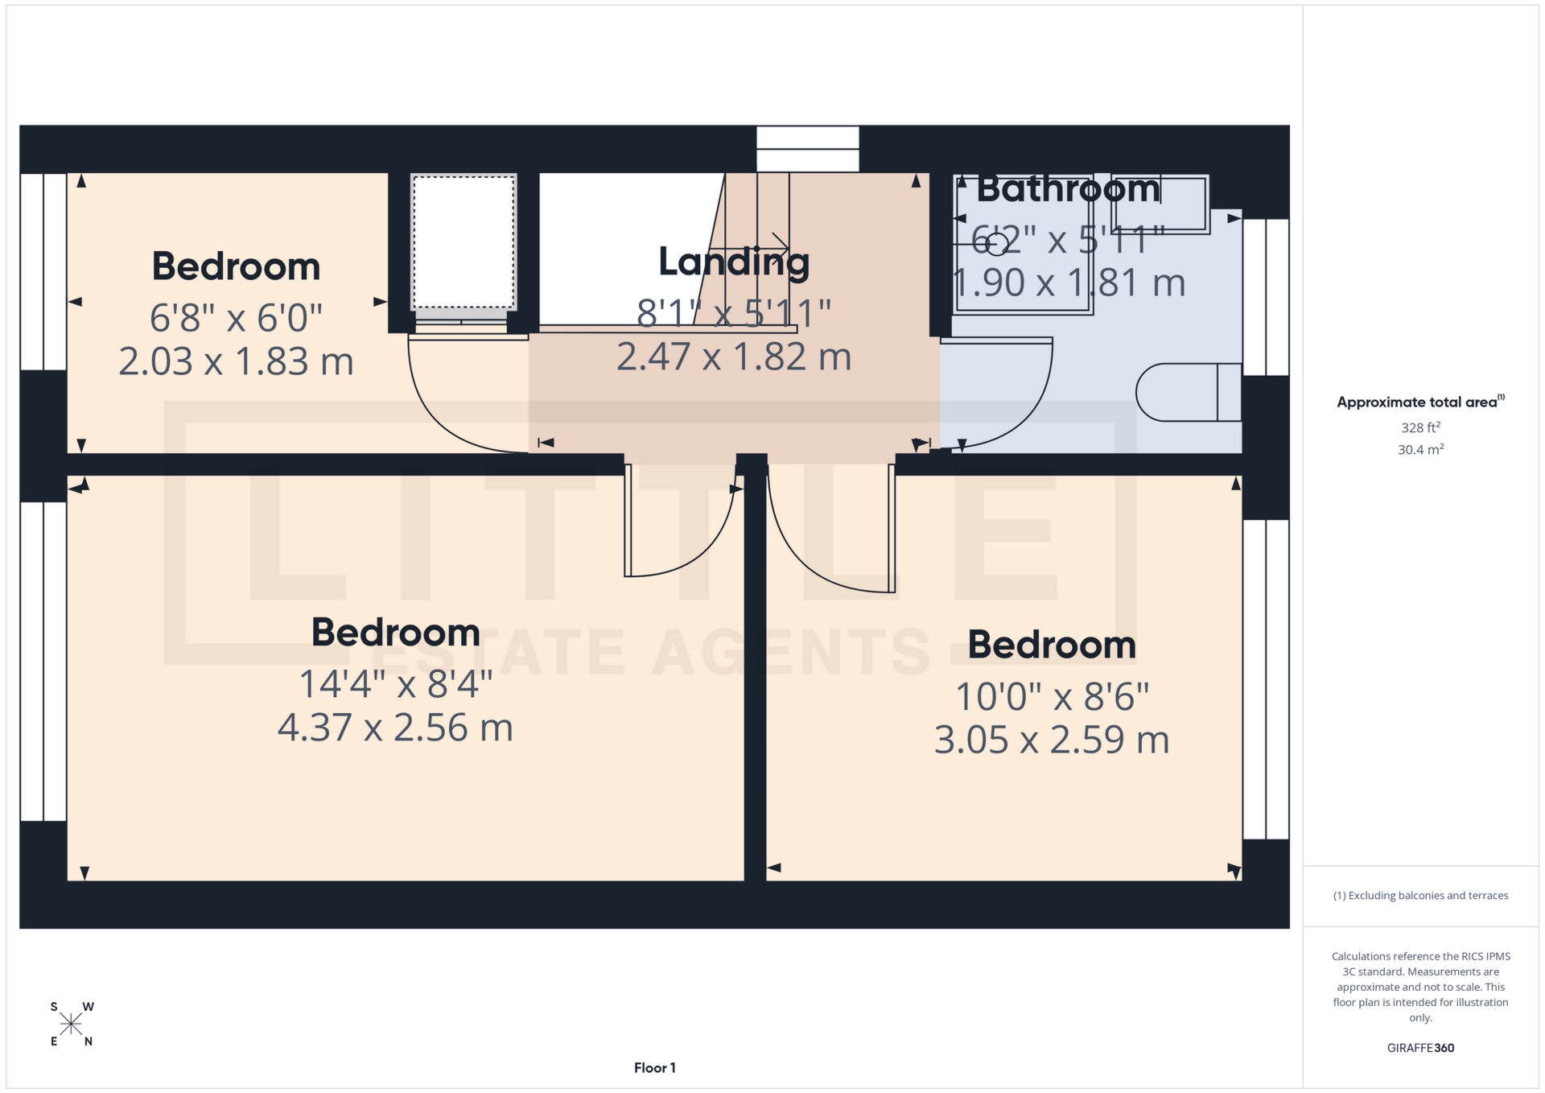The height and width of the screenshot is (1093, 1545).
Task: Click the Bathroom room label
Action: click(x=1068, y=189)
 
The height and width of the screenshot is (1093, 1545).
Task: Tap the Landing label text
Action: click(x=733, y=262)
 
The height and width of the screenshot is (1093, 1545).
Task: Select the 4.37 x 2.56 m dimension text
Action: click(x=395, y=728)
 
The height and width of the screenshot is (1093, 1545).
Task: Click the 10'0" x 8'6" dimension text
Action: click(x=1051, y=696)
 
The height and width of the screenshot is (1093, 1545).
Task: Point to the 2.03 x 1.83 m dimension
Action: click(x=236, y=361)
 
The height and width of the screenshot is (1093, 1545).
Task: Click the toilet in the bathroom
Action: click(x=1188, y=393)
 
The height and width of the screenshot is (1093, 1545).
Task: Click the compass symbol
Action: click(x=71, y=1024)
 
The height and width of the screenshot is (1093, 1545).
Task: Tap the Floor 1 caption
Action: click(x=654, y=1068)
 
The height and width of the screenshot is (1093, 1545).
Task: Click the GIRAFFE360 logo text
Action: click(x=1420, y=1048)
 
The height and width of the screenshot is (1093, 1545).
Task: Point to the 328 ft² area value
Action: click(x=1420, y=427)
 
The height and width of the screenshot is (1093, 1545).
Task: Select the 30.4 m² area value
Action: click(x=1420, y=450)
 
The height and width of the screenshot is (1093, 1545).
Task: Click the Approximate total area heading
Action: click(x=1420, y=402)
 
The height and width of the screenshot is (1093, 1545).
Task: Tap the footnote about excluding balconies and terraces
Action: click(x=1420, y=896)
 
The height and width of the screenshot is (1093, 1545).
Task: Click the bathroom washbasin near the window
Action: click(x=1160, y=204)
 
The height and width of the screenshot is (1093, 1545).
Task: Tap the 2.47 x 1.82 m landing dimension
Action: click(x=733, y=357)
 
